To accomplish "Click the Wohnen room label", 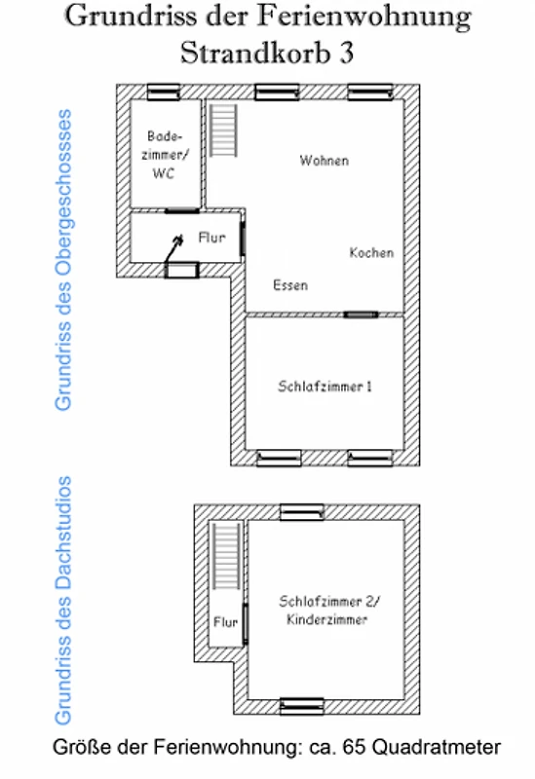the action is click(325, 161).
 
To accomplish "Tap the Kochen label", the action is click(371, 252).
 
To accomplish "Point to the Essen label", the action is click(290, 285).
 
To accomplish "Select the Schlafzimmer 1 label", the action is click(325, 386).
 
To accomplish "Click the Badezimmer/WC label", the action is click(165, 155).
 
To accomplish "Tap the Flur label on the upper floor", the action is click(211, 237).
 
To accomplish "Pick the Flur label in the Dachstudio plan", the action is click(225, 622).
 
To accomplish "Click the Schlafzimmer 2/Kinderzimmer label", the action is click(328, 611).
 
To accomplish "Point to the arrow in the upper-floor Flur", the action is click(174, 249).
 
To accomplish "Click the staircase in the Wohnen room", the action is click(222, 130).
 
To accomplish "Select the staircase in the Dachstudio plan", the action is click(227, 556).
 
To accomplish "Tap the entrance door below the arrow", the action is click(182, 271).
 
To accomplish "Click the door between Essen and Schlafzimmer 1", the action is click(361, 315).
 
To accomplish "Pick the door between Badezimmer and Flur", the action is click(182, 211).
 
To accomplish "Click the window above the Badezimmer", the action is click(164, 93).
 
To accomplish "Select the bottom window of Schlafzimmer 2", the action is click(302, 707).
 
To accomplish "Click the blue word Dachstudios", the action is click(63, 533).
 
